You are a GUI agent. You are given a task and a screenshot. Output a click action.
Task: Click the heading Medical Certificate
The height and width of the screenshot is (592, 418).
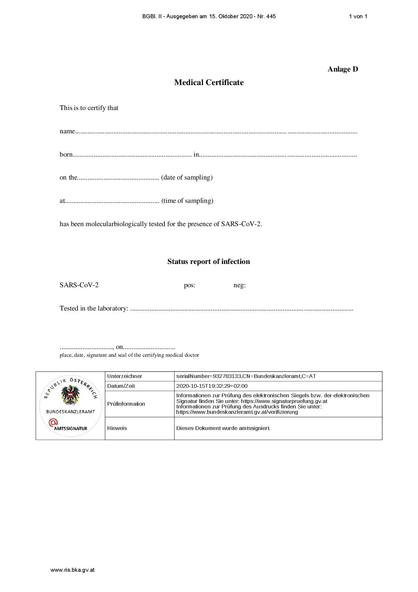[209, 83]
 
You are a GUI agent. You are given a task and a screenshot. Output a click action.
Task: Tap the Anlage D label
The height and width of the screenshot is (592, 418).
[342, 69]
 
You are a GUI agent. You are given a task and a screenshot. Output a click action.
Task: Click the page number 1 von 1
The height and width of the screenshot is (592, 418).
[358, 16]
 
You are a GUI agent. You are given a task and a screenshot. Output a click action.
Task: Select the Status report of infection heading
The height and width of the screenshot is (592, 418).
[209, 262]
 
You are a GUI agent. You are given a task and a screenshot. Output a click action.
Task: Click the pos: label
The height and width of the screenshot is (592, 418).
[189, 285]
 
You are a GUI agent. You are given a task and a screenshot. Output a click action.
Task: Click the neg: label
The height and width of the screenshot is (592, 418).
[240, 285]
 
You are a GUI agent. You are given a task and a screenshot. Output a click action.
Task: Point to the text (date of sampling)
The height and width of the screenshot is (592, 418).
[187, 178]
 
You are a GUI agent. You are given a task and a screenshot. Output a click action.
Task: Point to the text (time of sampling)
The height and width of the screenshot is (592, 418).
[187, 201]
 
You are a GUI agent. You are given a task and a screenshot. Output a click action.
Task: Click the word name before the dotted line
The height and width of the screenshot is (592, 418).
[67, 131]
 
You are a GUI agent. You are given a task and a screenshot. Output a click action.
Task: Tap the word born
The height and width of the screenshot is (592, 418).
[66, 155]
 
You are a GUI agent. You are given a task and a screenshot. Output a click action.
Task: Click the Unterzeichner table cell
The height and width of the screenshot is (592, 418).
[125, 376]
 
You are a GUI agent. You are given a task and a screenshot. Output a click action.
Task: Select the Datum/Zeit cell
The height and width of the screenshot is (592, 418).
[121, 386]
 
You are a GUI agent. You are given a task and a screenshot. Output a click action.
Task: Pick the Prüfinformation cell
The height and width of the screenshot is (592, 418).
[126, 404]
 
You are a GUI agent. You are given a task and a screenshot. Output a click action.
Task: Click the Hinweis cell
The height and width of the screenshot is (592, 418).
[117, 428]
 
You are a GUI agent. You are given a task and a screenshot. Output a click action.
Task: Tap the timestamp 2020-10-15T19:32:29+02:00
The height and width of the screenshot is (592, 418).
[212, 386]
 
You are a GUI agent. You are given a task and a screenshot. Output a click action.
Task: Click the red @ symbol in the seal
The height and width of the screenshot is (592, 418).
[53, 422]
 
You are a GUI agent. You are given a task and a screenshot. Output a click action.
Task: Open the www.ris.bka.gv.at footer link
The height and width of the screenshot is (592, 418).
[72, 570]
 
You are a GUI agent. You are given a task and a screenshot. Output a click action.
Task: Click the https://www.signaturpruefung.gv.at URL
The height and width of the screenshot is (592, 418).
[284, 401]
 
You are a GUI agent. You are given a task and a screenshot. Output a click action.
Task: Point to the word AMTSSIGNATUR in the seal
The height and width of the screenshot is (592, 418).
[70, 429]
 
